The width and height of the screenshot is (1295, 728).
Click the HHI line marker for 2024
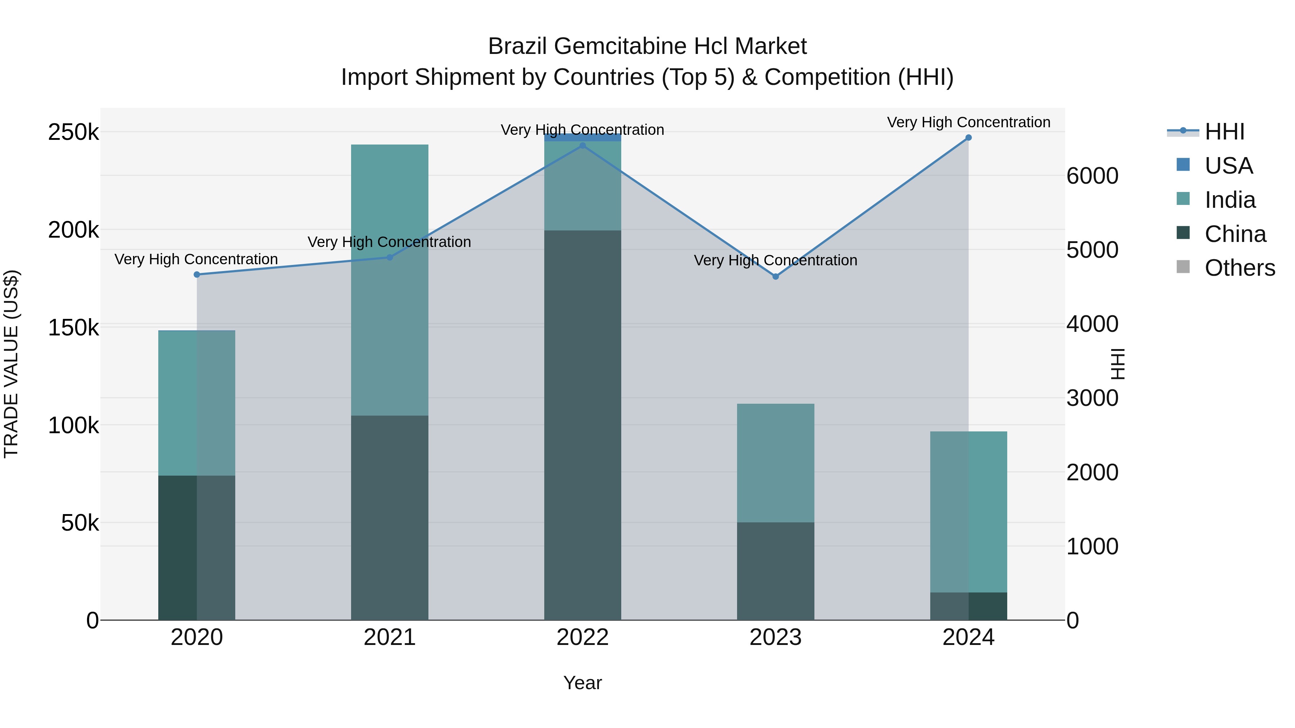click(x=968, y=138)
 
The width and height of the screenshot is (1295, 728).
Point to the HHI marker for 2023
click(x=775, y=276)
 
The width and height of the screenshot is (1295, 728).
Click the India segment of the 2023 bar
click(x=775, y=462)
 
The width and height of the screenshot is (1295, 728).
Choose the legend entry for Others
click(x=1239, y=268)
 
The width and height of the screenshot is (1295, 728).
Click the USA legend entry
click(x=1228, y=166)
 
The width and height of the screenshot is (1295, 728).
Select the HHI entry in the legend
click(x=1224, y=132)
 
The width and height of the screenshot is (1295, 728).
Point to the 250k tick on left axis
click(x=73, y=133)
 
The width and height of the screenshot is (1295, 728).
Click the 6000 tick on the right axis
click(x=1092, y=176)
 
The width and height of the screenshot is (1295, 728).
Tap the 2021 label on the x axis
click(x=390, y=637)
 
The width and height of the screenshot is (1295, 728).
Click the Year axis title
click(x=582, y=683)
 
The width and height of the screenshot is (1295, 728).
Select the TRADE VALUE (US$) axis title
click(x=12, y=364)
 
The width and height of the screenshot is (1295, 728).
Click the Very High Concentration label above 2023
click(x=775, y=260)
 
